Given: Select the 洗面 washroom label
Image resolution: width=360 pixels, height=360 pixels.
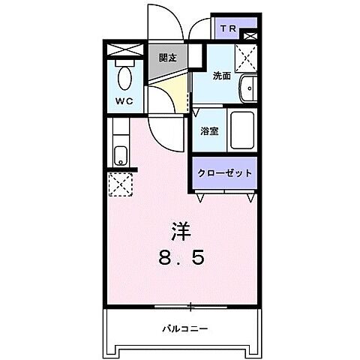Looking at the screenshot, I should click(x=221, y=75).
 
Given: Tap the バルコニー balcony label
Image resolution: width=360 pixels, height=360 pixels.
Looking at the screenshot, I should click(x=184, y=328).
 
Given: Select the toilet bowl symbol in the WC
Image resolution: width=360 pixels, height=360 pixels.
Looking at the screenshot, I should click(x=125, y=76).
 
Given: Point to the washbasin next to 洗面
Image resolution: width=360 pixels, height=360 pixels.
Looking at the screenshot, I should click(x=247, y=88).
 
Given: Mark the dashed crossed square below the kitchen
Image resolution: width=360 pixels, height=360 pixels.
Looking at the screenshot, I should click(x=120, y=184).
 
